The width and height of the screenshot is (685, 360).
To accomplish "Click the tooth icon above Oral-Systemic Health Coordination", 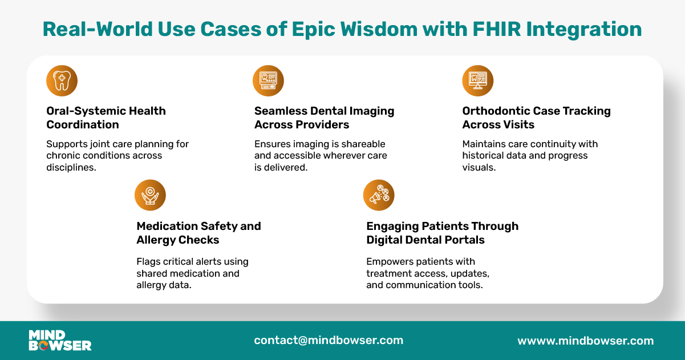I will (62, 80).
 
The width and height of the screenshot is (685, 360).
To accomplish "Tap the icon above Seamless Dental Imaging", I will (268, 80).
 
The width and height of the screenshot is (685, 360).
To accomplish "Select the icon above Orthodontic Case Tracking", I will (477, 80).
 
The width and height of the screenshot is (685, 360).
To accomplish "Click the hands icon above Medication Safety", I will (150, 195).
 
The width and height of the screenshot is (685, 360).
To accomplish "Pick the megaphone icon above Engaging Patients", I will (379, 195).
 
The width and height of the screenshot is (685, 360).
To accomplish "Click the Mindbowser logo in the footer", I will (60, 340).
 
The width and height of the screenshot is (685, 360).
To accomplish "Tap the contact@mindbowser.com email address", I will (329, 340).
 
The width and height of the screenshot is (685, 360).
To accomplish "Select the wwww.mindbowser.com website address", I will (585, 341).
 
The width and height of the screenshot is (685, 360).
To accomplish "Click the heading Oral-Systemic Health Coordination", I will (106, 118).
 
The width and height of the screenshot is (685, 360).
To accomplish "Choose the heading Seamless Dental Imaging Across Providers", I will (324, 118).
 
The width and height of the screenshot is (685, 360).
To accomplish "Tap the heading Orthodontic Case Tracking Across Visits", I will (536, 118).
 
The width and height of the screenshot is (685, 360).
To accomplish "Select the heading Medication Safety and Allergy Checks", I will (198, 233).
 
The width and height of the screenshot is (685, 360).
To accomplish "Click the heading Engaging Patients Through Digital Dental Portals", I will (442, 233).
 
